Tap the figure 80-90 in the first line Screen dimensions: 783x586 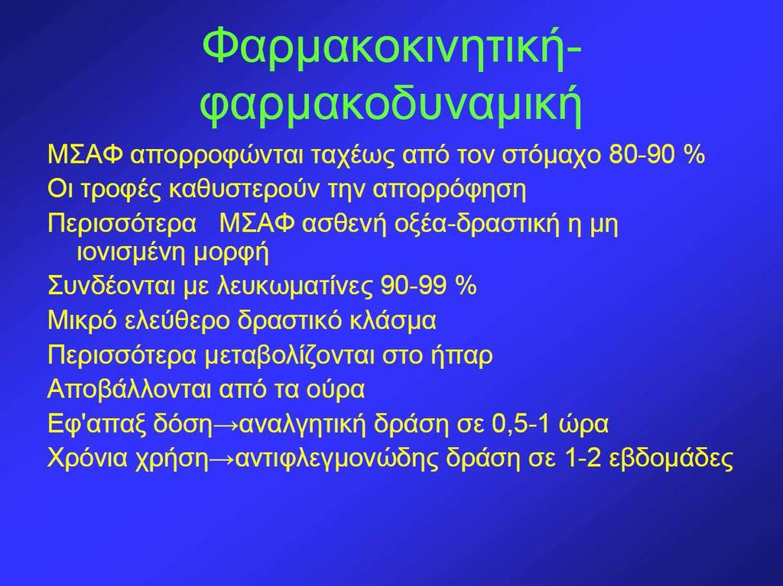coord(641,155)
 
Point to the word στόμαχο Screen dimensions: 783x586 coord(552,156)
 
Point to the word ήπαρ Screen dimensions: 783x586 coord(461,356)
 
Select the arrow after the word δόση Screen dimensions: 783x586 coord(226,425)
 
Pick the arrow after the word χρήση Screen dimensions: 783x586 coord(221,458)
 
